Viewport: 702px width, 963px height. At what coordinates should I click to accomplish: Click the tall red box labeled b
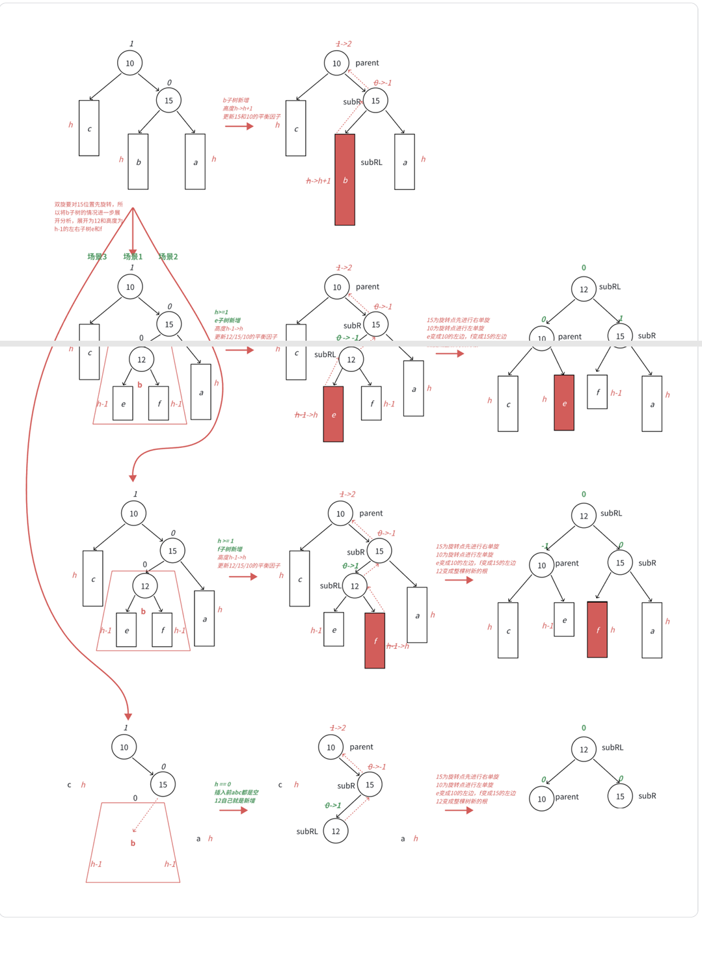345,179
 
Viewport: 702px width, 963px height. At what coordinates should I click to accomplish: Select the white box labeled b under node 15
138,162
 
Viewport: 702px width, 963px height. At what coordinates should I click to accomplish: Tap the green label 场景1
133,257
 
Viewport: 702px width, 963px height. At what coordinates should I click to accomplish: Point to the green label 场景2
168,257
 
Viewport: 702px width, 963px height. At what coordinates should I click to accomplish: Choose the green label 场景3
97,257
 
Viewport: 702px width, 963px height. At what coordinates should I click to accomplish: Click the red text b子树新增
236,101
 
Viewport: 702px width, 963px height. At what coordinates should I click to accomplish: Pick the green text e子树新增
228,321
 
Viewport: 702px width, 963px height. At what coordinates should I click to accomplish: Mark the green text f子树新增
230,549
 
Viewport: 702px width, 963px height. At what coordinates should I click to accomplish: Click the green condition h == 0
223,784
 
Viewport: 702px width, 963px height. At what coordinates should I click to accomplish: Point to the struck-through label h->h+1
318,181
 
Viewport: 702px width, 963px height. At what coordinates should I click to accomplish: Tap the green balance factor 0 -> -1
347,338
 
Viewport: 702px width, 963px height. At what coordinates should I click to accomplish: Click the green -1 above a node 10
545,546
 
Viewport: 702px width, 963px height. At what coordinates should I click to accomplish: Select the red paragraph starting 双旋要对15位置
88,217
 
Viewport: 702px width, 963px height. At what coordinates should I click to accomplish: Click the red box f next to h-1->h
375,640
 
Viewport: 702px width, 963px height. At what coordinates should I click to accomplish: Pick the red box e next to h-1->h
333,414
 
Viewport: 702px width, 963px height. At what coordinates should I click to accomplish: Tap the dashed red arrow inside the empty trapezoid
145,817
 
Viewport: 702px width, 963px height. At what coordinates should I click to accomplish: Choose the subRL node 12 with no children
336,831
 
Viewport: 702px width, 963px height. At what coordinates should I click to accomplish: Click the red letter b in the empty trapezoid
133,843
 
